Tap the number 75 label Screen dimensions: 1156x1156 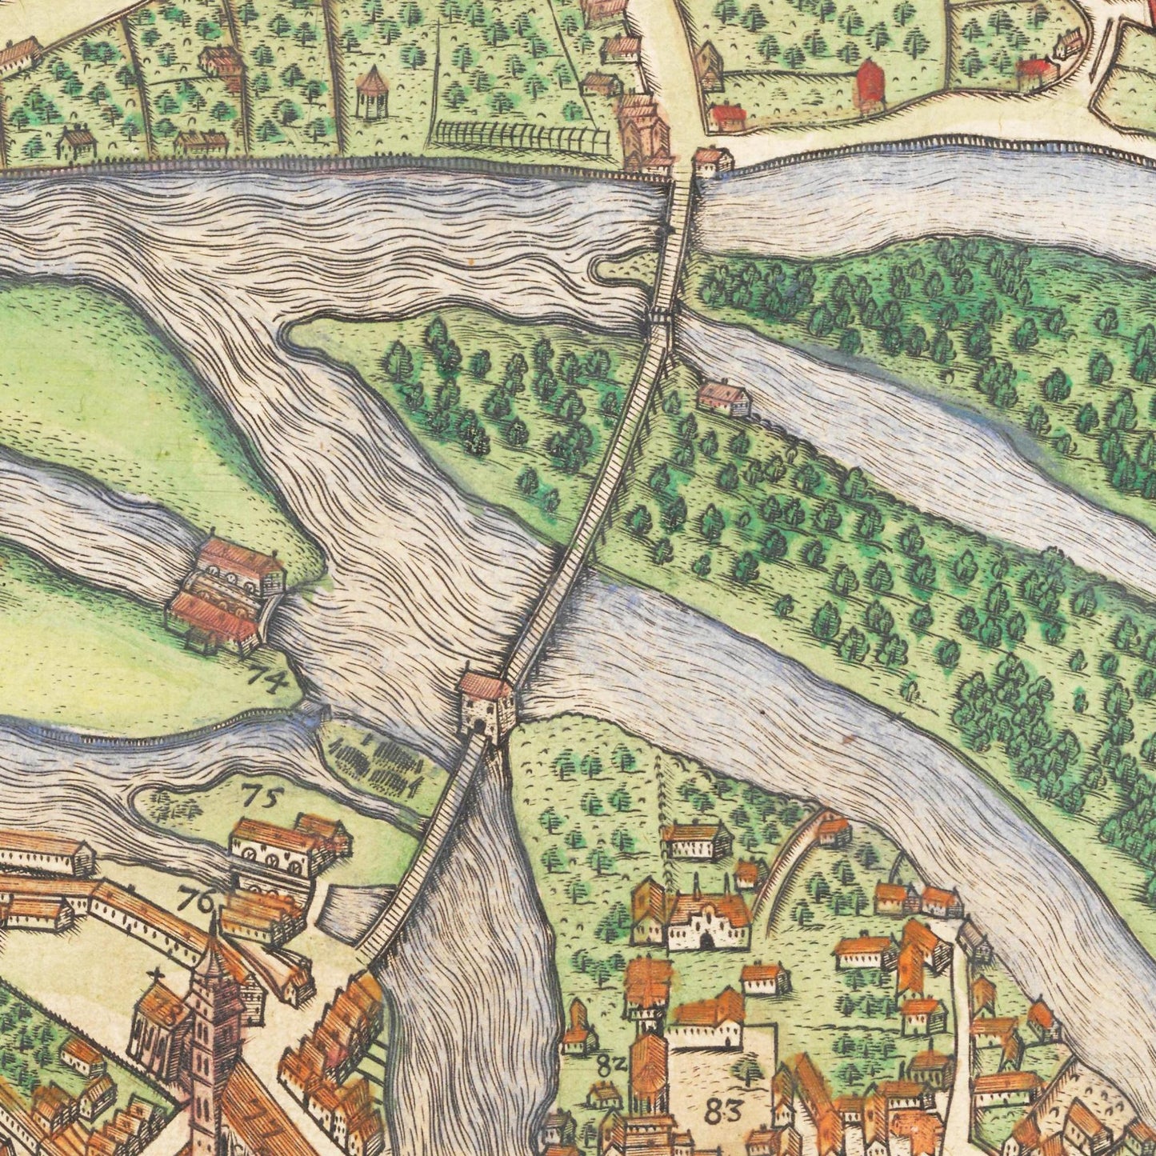[x=263, y=795]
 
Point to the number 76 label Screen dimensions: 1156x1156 [x=197, y=899]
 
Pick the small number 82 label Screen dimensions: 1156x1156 [x=610, y=1065]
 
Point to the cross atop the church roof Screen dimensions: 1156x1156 [x=156, y=975]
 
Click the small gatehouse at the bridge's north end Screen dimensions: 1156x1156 [x=711, y=162]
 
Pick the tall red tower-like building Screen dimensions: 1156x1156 [x=870, y=84]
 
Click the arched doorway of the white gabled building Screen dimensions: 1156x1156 [x=706, y=942]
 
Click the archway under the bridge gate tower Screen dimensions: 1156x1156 [x=478, y=726]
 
